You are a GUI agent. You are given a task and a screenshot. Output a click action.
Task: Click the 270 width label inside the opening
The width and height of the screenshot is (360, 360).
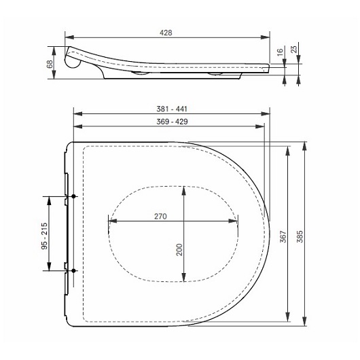[x=160, y=216]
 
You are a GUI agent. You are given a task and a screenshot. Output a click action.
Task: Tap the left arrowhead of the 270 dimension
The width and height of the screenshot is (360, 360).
[x=110, y=220]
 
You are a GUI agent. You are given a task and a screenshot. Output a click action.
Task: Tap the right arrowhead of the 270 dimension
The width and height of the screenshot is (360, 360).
[x=236, y=220]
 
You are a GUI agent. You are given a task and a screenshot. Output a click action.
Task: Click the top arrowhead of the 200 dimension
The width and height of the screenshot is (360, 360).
[x=183, y=187]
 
